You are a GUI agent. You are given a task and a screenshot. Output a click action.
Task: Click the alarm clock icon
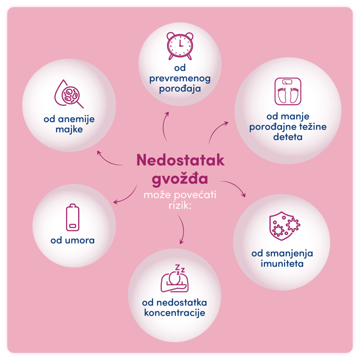[x=180, y=46]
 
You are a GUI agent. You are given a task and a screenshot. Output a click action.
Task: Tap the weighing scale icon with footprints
[x=288, y=91]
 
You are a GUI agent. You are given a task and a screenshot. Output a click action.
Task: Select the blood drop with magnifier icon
[x=69, y=94]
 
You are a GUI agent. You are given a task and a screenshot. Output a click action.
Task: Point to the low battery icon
[x=72, y=217]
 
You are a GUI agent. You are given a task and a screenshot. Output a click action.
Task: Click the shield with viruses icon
[x=285, y=226]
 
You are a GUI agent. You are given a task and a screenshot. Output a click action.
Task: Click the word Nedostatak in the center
[x=180, y=160]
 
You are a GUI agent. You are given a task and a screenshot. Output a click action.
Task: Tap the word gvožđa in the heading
[x=180, y=178]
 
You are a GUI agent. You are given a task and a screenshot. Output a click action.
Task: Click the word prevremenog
[x=180, y=79]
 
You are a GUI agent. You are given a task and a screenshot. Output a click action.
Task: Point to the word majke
[x=69, y=129]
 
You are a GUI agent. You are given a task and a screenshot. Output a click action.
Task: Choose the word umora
[x=80, y=241]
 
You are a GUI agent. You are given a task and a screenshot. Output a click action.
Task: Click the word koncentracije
[x=175, y=313]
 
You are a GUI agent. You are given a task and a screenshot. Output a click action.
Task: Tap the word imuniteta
[x=282, y=263]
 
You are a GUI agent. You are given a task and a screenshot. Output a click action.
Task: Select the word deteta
[x=288, y=137]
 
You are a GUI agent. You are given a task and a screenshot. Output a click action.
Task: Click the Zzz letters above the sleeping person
[x=180, y=269]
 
